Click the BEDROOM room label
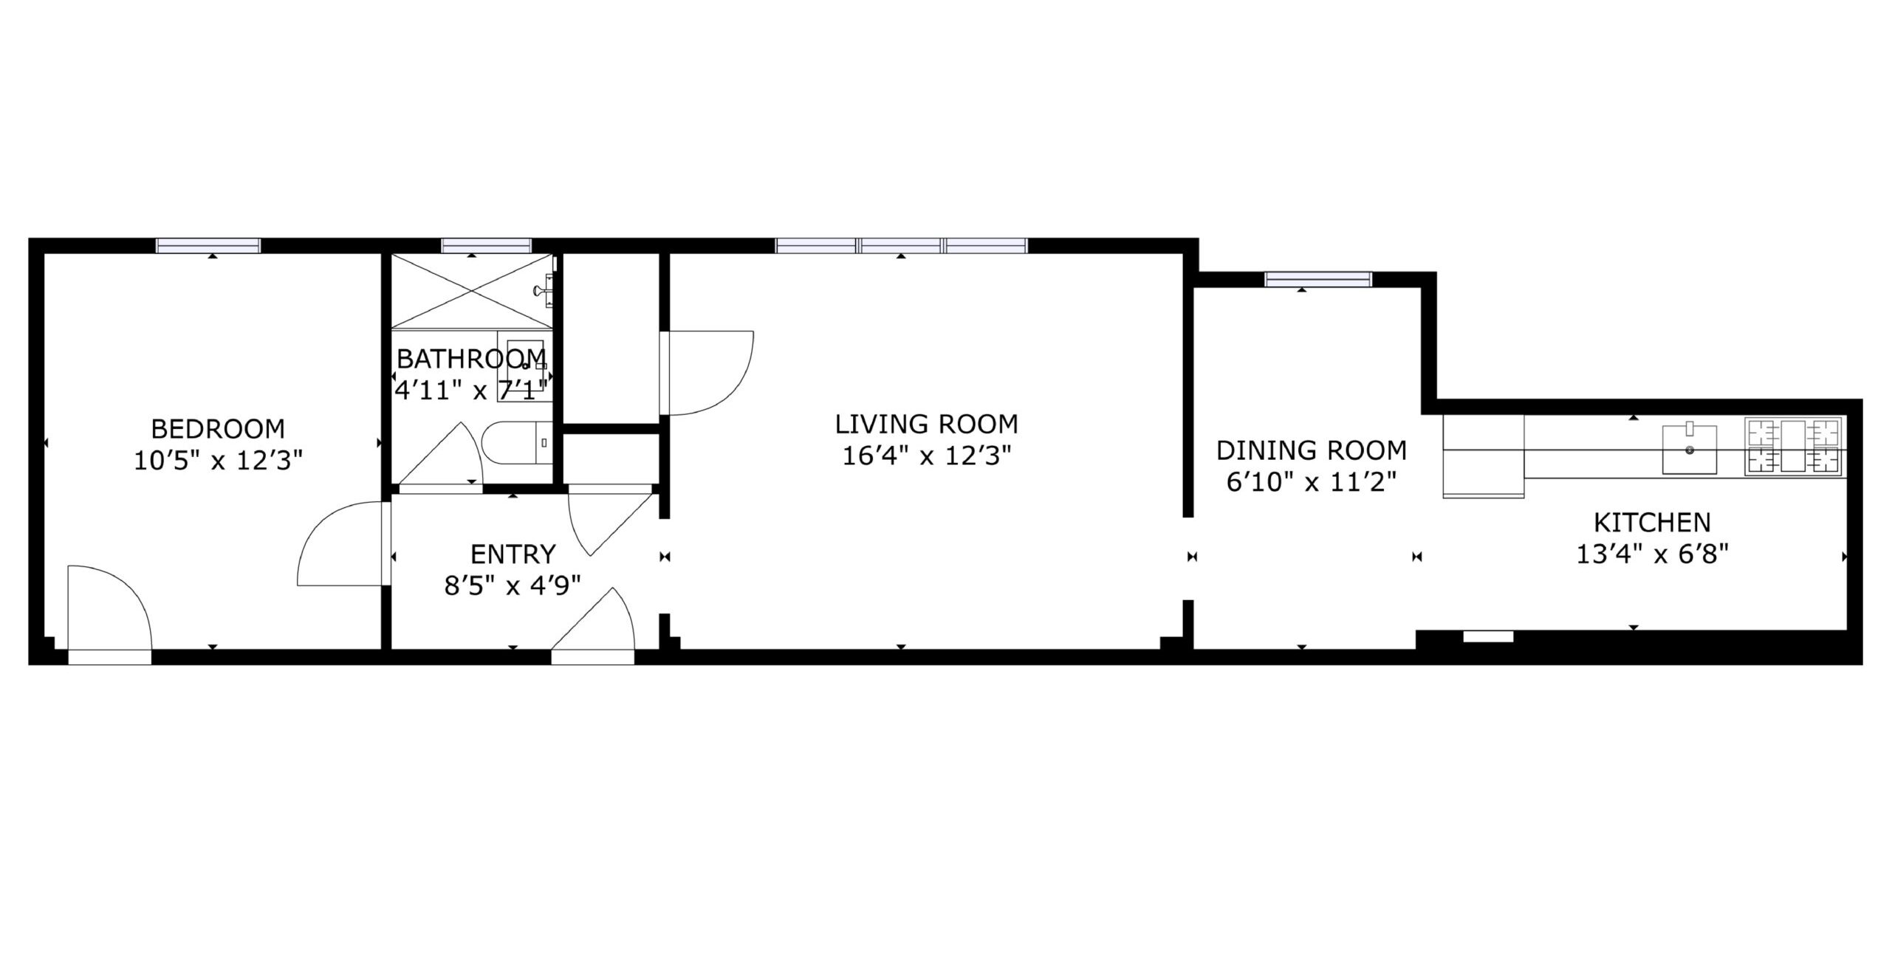tap(218, 428)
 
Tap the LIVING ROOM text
tap(926, 424)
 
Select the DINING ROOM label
tap(1312, 450)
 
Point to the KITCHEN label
tap(1652, 523)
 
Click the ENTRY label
tap(513, 554)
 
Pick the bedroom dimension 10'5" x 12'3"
tap(219, 461)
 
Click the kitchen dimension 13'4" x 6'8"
tap(1653, 554)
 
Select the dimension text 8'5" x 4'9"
tap(513, 585)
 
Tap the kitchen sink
tap(1690, 449)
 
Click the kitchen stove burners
tap(1794, 446)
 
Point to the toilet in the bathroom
tap(517, 443)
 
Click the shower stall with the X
tap(472, 290)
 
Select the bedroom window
tap(208, 246)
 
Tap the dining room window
tap(1318, 279)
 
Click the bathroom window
tap(487, 246)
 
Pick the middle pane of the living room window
tap(901, 246)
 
